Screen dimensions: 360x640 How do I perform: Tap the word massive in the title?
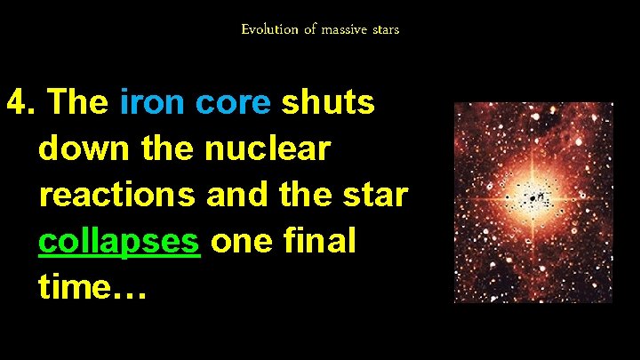(345, 29)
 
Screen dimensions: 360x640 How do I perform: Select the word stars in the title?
(385, 29)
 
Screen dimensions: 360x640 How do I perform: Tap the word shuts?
(328, 104)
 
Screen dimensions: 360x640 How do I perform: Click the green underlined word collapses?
(119, 241)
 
